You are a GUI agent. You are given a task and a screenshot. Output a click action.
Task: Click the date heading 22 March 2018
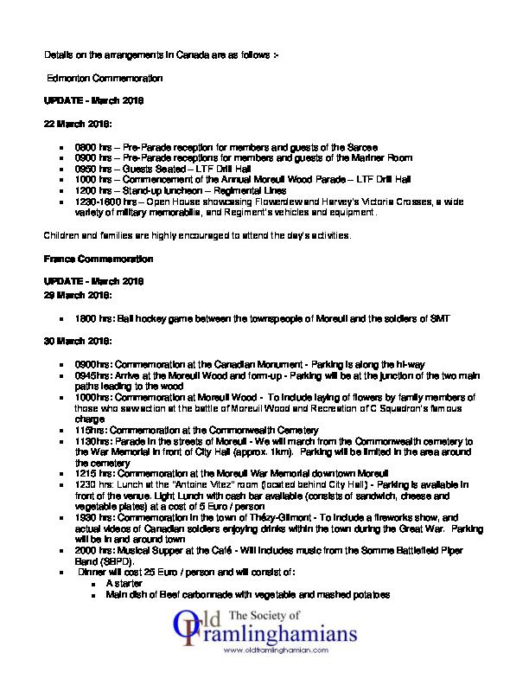[78, 123]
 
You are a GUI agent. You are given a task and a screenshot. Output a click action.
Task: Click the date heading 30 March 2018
[78, 342]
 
